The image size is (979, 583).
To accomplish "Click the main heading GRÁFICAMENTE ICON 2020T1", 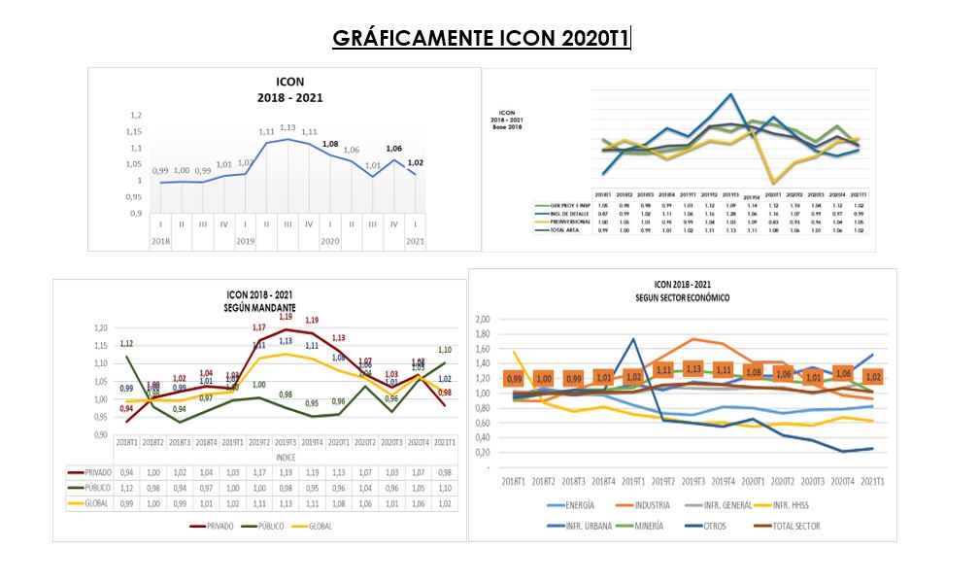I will [481, 38].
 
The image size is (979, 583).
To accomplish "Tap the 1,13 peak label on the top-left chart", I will [288, 127].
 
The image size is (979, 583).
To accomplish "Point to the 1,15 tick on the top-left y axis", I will [135, 132].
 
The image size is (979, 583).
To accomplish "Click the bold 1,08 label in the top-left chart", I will [330, 144].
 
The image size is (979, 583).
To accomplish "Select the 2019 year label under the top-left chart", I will [246, 240].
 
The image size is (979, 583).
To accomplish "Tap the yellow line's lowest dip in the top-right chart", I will [774, 183].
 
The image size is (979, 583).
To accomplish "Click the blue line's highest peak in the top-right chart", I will [730, 94].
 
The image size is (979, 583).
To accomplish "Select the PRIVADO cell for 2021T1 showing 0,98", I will [444, 472].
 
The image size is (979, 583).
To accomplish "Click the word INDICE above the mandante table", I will [285, 457].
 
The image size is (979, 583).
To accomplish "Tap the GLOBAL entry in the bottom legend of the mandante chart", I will [321, 525].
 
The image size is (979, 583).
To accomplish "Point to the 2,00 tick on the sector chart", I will [484, 319].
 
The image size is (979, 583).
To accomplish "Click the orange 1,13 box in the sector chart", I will [693, 369].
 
